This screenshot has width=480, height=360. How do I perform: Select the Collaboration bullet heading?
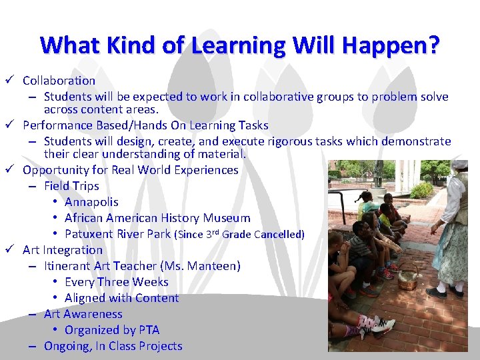coord(59,81)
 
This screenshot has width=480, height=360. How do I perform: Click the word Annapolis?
coord(91,202)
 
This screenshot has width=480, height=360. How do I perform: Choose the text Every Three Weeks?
coord(117,282)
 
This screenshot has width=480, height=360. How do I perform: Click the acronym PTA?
coord(149,330)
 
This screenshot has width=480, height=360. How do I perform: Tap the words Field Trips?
coord(71,186)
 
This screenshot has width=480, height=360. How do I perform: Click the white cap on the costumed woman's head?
coord(459,164)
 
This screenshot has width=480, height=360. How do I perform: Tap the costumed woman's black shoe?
coord(437,292)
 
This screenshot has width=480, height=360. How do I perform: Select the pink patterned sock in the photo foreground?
coord(367,325)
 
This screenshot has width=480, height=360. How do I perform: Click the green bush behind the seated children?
coord(421,191)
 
